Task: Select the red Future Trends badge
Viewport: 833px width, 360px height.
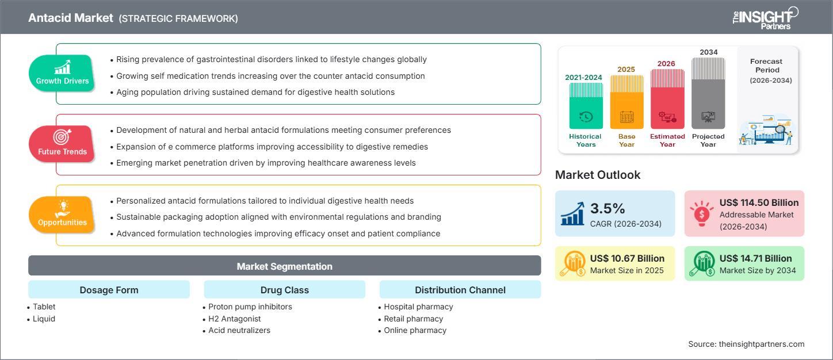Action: [x=62, y=144]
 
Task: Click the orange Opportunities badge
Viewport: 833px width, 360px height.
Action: [x=62, y=215]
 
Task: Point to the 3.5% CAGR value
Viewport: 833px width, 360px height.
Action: [x=607, y=208]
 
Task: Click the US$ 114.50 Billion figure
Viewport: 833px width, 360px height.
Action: [x=759, y=202]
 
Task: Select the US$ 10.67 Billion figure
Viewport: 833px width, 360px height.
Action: [x=627, y=258]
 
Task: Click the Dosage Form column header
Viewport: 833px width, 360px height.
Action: [x=109, y=290]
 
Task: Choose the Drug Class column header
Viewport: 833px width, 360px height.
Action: [x=284, y=290]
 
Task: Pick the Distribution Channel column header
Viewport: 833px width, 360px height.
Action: [x=460, y=290]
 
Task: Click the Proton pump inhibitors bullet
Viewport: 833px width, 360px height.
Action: [x=250, y=307]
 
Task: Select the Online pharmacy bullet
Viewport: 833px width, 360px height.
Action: [x=415, y=330]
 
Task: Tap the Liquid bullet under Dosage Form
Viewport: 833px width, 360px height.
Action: [x=44, y=319]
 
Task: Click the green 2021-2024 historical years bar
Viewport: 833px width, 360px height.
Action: [x=586, y=106]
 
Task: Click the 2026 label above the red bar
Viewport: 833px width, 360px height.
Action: [x=666, y=64]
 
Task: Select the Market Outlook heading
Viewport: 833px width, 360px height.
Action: [x=597, y=175]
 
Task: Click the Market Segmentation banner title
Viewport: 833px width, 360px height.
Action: [x=284, y=266]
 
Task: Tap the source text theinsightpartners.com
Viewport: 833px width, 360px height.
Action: [x=746, y=344]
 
